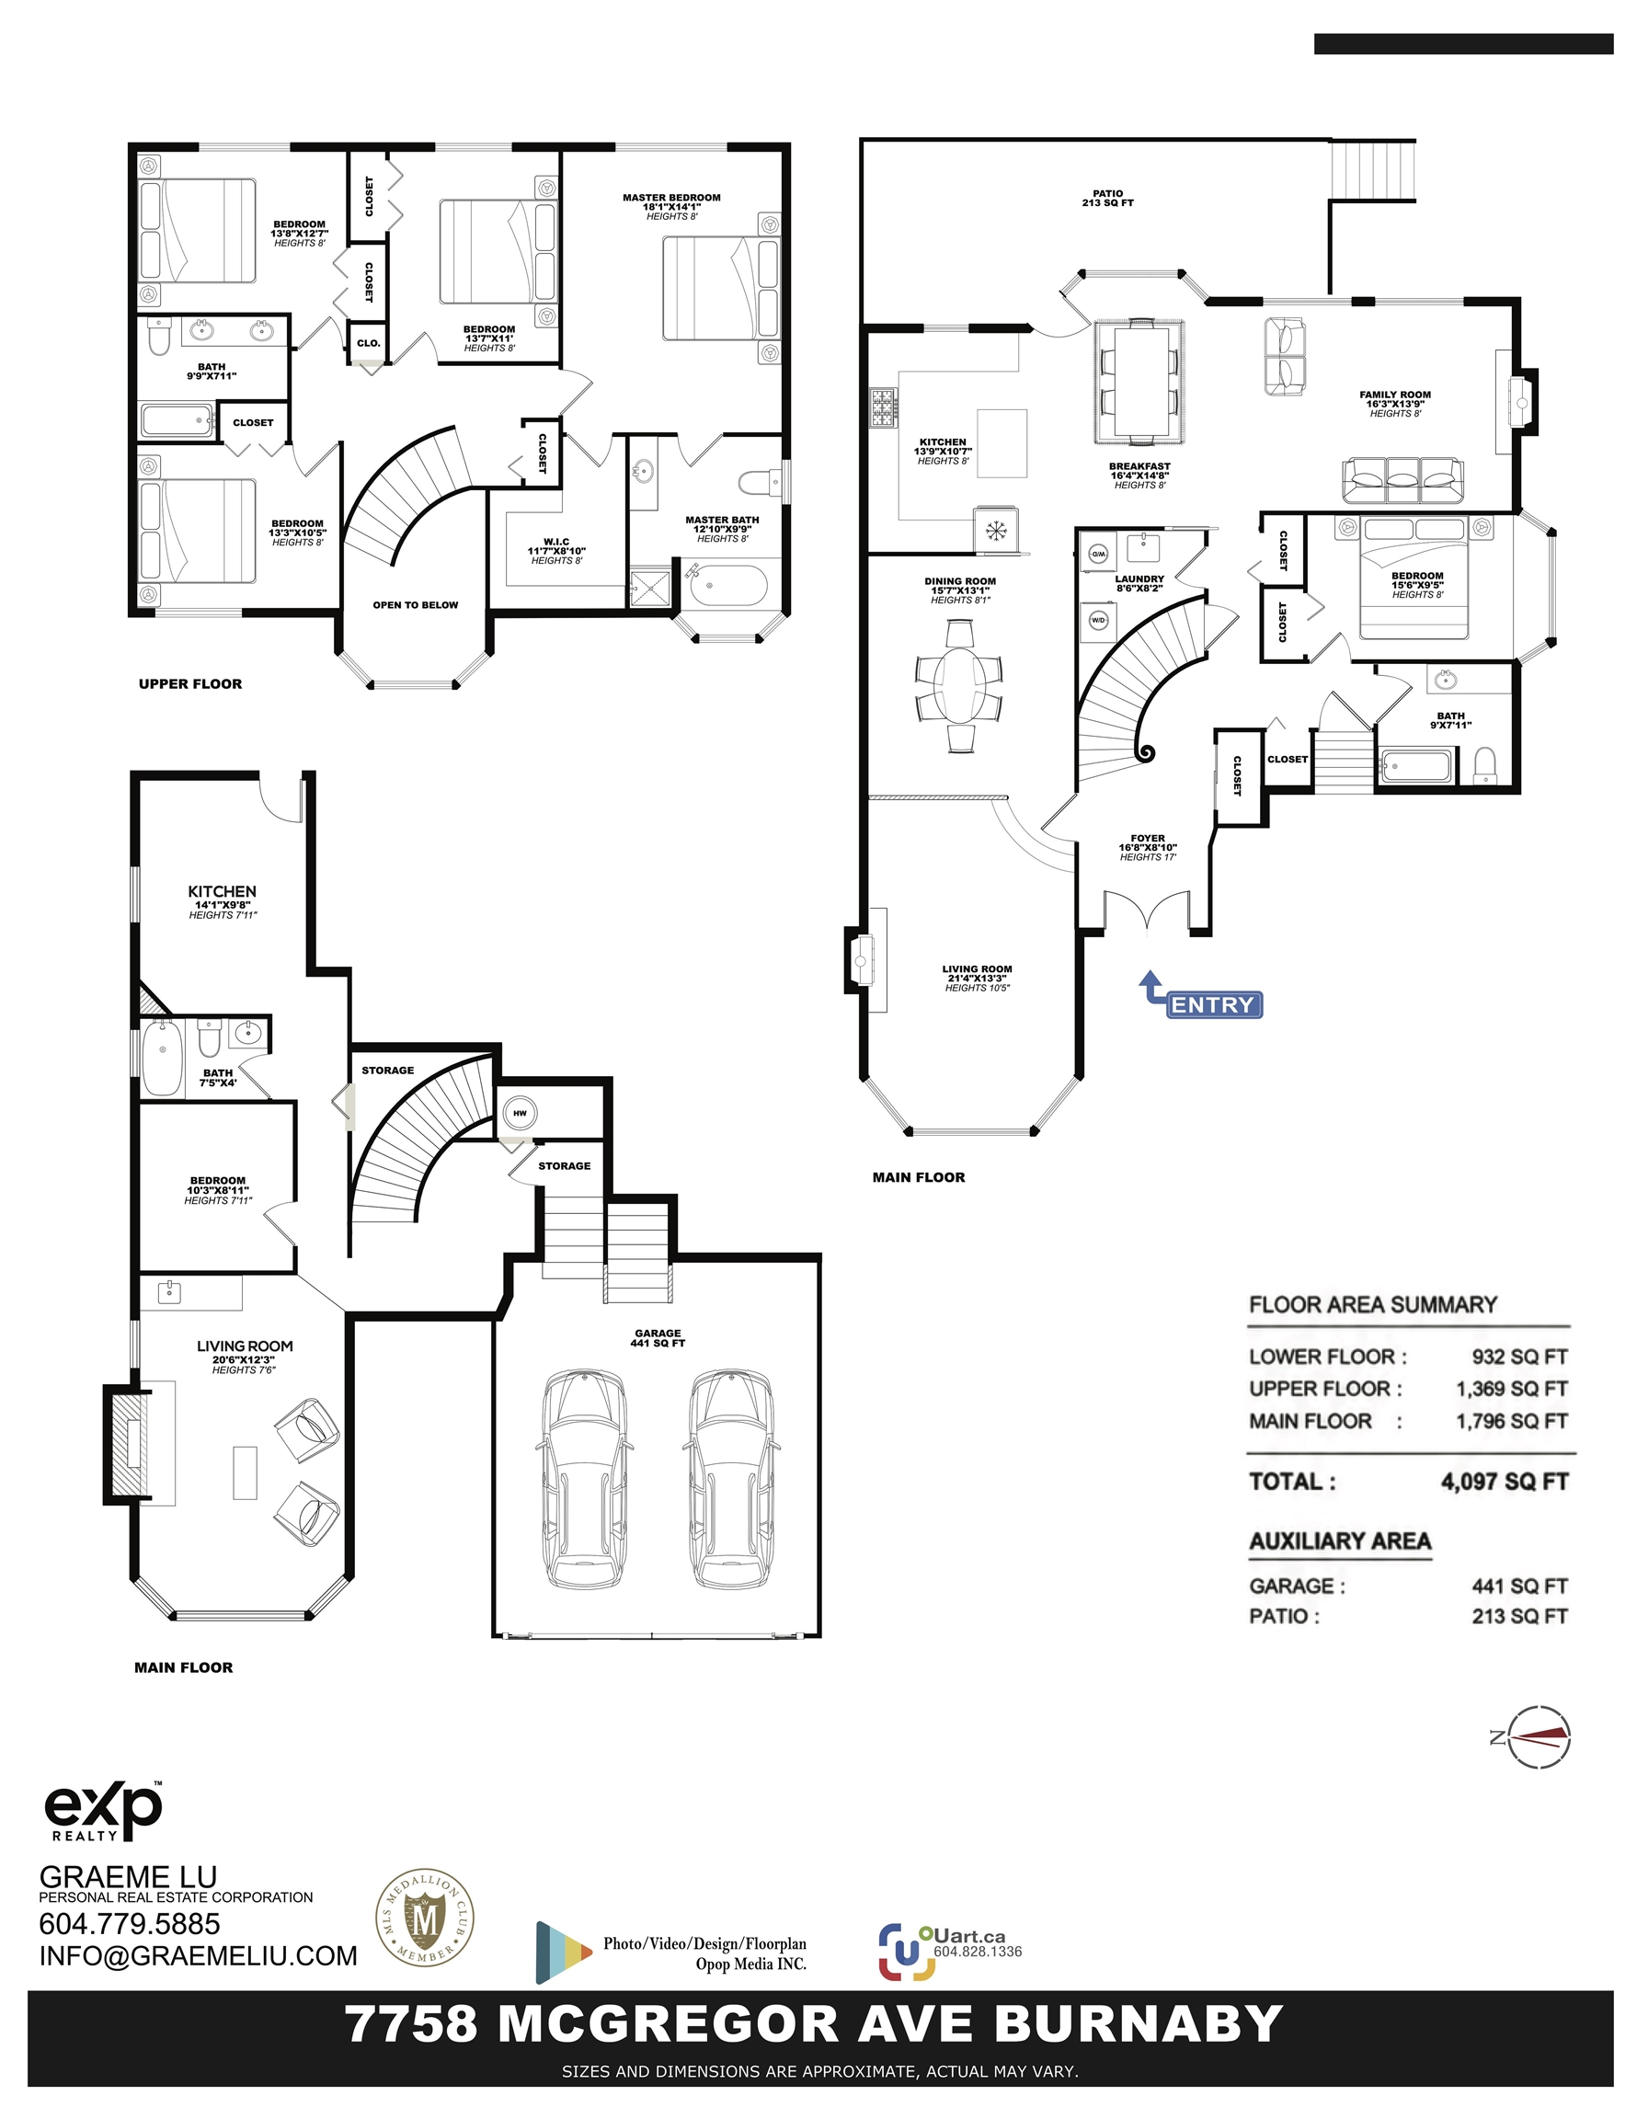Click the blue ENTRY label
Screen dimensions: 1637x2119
(1212, 1005)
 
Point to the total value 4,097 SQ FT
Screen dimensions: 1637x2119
(1504, 1482)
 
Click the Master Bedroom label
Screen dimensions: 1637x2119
(671, 198)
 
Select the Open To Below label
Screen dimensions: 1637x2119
(416, 604)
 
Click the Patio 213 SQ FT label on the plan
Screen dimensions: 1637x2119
(1107, 198)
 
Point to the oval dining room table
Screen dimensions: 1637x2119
(958, 685)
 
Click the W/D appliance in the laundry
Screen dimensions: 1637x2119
(1098, 619)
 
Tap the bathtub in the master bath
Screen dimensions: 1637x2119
(727, 586)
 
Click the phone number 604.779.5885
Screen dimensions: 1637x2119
(129, 1924)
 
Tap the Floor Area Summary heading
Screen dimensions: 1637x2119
(1373, 1304)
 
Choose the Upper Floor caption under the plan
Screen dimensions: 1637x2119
(190, 684)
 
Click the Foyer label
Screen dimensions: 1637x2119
(1148, 838)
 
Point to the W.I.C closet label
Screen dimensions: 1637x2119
(556, 542)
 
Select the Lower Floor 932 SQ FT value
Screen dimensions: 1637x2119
(1519, 1357)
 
